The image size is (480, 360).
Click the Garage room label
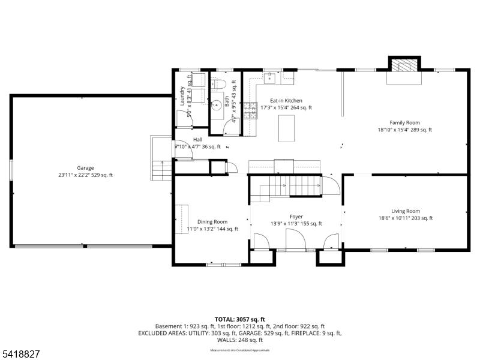point(85,168)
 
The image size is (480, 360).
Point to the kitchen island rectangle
point(287,128)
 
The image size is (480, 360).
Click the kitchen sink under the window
point(271,77)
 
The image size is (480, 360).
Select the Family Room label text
point(404,122)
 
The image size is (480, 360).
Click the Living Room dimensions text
point(405,218)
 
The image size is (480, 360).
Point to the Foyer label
point(296,217)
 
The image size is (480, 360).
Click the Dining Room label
point(212,221)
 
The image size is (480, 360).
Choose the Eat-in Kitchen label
point(286,101)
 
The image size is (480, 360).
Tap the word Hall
point(197,139)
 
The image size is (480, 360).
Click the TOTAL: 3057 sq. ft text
point(239,319)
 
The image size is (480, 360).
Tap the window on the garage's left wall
point(11,169)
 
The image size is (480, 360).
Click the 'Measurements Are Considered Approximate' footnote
point(239,350)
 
